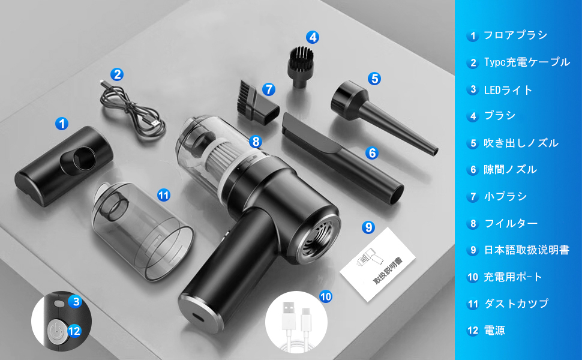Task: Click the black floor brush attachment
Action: [63, 166]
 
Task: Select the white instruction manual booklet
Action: [377, 263]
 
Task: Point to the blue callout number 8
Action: [256, 142]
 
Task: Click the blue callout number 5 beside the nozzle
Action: [374, 79]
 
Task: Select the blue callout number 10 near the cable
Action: [326, 296]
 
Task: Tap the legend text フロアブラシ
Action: [515, 35]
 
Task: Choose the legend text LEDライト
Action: [508, 90]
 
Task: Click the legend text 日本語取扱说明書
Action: [527, 250]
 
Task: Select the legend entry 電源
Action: [494, 331]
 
